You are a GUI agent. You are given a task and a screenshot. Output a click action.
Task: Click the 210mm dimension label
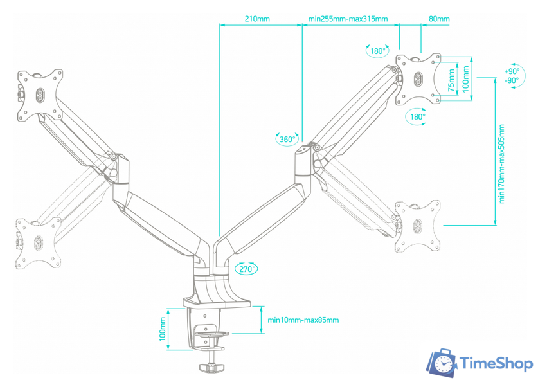[x=257, y=19]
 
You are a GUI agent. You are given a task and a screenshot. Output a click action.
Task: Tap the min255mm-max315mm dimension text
[x=348, y=19]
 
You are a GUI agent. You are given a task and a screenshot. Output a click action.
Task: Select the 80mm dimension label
[x=439, y=19]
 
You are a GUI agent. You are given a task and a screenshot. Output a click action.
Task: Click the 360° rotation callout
[x=287, y=139]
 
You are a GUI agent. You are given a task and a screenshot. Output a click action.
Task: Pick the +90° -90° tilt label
[x=512, y=76]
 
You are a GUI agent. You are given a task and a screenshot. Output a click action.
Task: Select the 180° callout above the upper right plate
[x=378, y=51]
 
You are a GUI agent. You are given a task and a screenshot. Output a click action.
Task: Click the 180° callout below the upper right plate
[x=417, y=117]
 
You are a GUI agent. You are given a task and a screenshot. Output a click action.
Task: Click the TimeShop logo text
[x=497, y=364]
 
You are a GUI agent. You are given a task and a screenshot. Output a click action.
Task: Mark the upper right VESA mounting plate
[x=419, y=79]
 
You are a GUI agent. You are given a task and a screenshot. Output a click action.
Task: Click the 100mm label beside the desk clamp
[x=163, y=332]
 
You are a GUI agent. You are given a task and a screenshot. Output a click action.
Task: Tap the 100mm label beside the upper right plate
[x=466, y=78]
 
